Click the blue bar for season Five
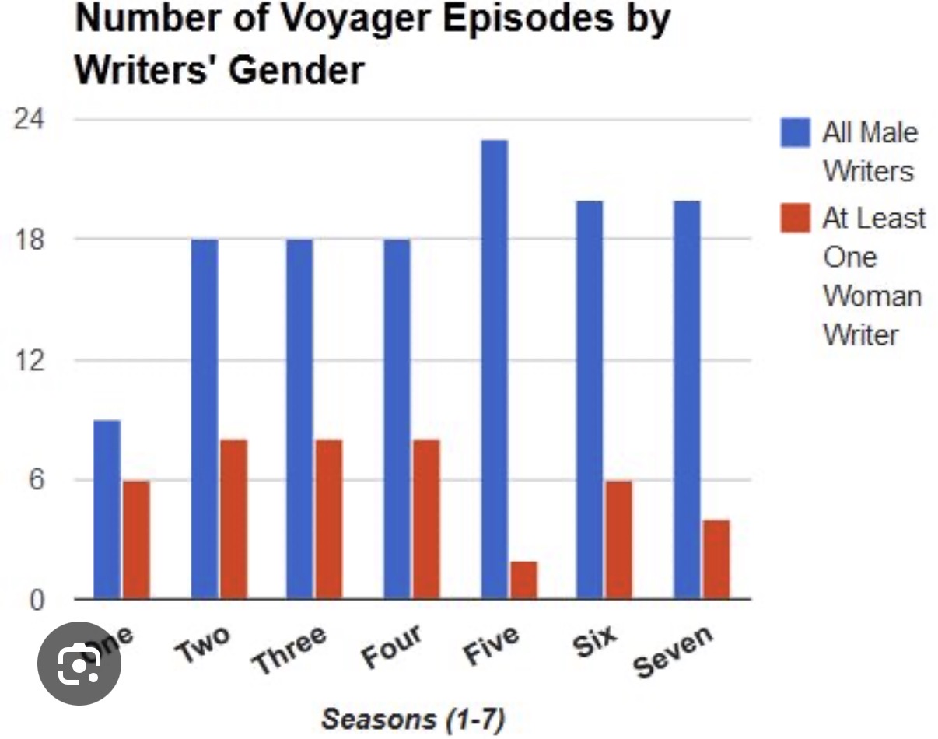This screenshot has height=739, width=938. (495, 369)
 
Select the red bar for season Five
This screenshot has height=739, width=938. (523, 580)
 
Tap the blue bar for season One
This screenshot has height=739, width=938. (107, 510)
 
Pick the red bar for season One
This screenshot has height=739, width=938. (136, 540)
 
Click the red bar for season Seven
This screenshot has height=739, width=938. (716, 559)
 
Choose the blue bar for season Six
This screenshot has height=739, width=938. (590, 400)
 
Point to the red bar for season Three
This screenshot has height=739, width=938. (328, 519)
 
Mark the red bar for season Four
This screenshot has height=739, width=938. (426, 519)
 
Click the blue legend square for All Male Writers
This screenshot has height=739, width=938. (795, 132)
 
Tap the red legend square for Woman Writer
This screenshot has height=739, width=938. (795, 218)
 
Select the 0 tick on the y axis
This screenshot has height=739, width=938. (35, 599)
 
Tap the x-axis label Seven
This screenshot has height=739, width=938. (673, 650)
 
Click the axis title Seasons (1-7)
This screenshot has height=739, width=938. (413, 718)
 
